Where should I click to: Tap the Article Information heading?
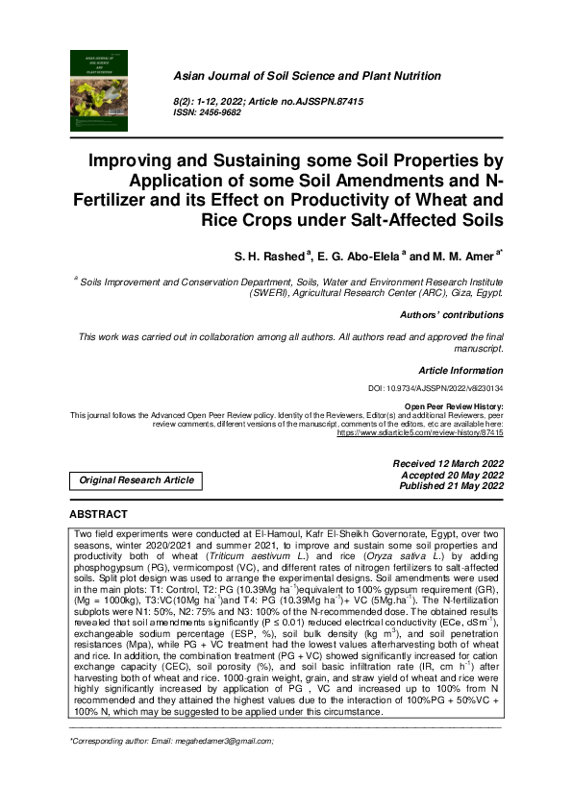click(x=460, y=370)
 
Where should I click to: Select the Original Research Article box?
click(x=136, y=479)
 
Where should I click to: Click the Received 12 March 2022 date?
click(x=448, y=463)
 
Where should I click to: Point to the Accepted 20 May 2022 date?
click(x=450, y=474)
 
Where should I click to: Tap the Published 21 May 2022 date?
click(x=447, y=485)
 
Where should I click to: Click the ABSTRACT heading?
click(x=99, y=515)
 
